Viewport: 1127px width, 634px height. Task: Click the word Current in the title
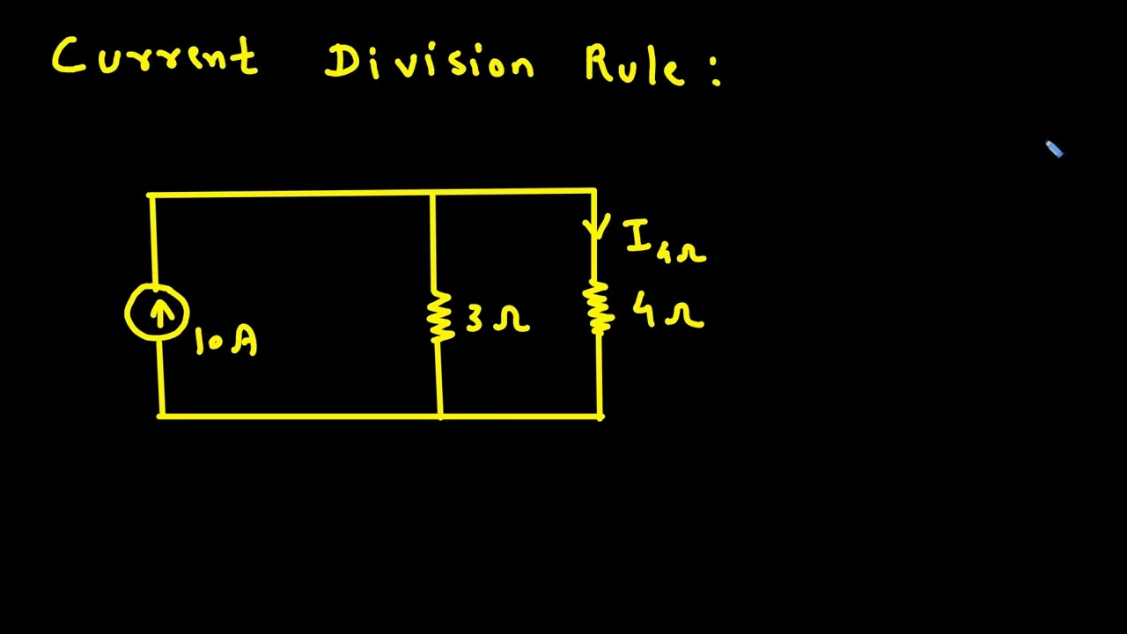[155, 55]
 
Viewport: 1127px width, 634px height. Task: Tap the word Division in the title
[429, 62]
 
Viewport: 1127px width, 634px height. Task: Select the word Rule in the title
[635, 64]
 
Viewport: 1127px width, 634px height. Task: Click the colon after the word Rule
[716, 71]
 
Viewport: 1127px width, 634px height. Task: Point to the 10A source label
[226, 341]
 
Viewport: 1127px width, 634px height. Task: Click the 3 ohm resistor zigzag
[438, 316]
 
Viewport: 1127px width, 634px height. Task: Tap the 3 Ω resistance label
[497, 318]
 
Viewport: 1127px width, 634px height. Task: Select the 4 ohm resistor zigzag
[599, 307]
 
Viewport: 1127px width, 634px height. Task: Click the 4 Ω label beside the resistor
[668, 311]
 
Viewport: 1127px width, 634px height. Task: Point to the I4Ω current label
[665, 242]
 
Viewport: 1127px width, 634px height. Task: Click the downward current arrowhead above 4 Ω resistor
[597, 227]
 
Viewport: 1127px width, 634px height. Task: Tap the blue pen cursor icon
[1054, 150]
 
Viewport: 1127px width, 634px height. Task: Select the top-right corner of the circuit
[594, 191]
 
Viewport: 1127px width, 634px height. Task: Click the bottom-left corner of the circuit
[161, 417]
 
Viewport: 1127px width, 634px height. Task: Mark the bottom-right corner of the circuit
[600, 417]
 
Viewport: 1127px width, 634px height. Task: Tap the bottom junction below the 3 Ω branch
[440, 417]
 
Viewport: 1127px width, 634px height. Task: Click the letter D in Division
[340, 62]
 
